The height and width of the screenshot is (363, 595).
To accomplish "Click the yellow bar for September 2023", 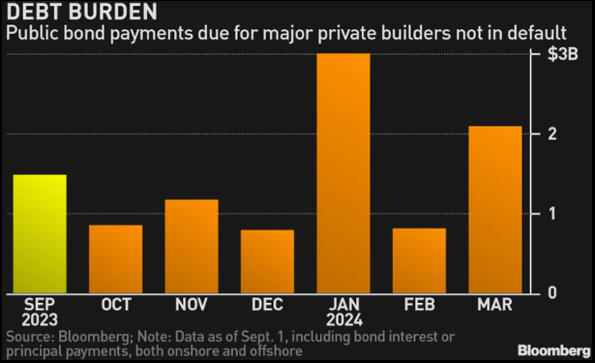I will tap(40, 234).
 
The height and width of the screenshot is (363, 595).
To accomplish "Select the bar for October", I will tap(115, 259).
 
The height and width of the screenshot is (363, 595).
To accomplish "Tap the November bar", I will tap(191, 246).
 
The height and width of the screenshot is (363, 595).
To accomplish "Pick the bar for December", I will tap(267, 261).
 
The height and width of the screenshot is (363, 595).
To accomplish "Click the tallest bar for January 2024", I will tap(343, 173).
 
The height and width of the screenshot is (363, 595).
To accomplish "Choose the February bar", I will tap(419, 260).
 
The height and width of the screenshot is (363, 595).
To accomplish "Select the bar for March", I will tap(495, 209).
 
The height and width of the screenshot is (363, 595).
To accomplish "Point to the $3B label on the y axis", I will tap(562, 55).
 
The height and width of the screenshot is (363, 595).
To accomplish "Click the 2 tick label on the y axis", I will tap(552, 134).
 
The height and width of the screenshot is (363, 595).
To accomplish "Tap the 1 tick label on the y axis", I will tap(552, 214).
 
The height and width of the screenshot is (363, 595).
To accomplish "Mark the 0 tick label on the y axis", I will tap(552, 293).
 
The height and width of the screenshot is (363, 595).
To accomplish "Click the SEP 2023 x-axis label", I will tap(40, 312).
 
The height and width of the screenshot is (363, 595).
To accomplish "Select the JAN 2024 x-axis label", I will tap(343, 312).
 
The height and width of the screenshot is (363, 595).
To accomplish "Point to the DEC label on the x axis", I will tap(267, 305).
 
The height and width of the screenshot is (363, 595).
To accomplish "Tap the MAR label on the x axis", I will tap(495, 305).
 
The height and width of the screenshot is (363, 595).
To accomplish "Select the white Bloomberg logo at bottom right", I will tap(554, 351).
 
